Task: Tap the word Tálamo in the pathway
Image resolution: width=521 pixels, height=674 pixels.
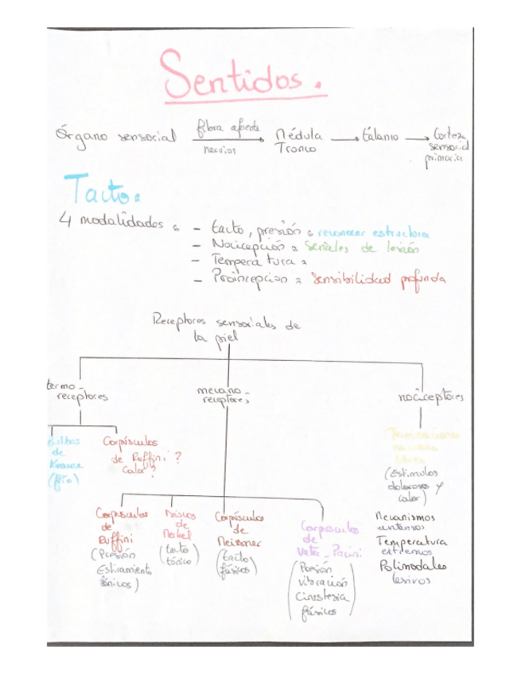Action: [x=381, y=136]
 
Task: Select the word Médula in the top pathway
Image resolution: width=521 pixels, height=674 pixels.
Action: [x=297, y=136]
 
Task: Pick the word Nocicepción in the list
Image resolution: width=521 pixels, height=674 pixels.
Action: [x=246, y=246]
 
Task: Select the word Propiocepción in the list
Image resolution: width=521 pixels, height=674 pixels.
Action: [x=253, y=278]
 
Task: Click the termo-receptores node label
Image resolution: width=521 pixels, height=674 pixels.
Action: [x=77, y=391]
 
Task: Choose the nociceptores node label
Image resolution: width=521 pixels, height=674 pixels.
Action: [x=432, y=395]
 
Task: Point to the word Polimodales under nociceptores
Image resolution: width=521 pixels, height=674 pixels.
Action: [x=414, y=567]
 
